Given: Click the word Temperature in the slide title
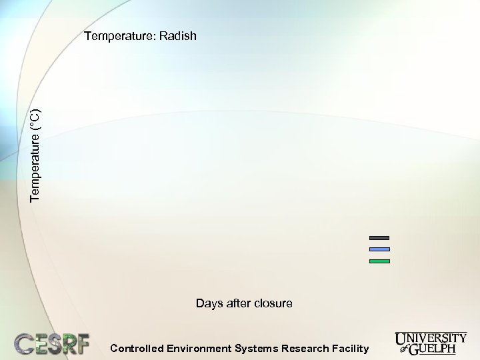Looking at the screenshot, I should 119,36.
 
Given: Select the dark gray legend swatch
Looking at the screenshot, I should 379,237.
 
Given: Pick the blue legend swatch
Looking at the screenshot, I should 379,249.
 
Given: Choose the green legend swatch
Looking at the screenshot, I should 379,261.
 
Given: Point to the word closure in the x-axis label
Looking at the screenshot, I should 272,303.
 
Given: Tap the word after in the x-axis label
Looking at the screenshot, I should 237,303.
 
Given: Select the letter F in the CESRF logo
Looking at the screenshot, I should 81,343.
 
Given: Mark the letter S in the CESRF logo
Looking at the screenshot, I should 53,343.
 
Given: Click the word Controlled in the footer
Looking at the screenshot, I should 136,348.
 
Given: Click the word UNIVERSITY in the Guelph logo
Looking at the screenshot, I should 431,338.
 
